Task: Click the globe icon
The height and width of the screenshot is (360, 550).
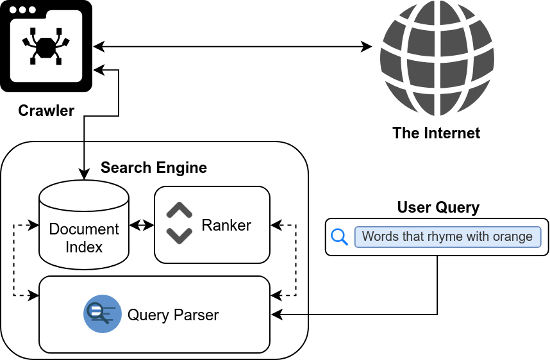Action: (437, 58)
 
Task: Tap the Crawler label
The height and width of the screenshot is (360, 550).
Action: (47, 111)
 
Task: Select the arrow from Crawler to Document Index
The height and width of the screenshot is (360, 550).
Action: (84, 160)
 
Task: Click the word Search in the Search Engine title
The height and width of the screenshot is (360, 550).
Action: (124, 168)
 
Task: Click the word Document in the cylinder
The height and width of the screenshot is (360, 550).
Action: (84, 229)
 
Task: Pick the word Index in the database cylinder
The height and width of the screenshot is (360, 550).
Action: (84, 247)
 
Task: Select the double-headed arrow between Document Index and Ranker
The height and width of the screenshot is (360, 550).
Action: (142, 225)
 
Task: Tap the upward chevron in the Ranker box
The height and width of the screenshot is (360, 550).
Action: (179, 211)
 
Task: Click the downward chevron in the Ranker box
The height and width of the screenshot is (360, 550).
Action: (179, 236)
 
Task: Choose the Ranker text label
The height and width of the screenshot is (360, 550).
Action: (226, 225)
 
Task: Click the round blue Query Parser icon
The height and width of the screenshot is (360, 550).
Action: (103, 314)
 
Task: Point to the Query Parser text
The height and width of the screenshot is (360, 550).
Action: (173, 315)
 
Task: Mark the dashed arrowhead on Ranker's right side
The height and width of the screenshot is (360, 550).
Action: (276, 225)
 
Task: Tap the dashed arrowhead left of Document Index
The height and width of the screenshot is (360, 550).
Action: (34, 225)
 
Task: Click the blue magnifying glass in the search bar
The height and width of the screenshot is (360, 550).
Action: (339, 237)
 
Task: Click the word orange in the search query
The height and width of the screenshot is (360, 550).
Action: (512, 236)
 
